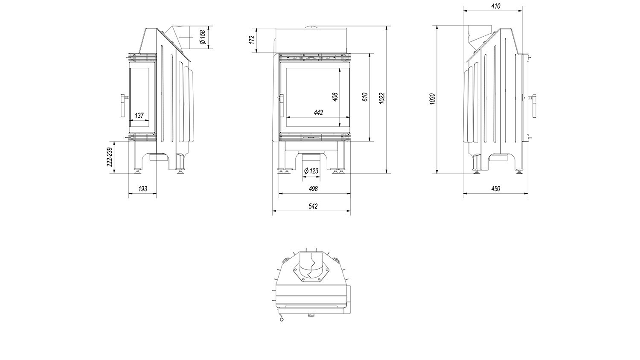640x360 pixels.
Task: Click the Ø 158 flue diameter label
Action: point(203,37)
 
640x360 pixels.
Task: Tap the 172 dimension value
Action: point(252,40)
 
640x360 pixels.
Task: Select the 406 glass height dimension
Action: point(335,97)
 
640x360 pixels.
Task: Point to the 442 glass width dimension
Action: point(318,113)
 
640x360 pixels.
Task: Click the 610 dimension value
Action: point(364,97)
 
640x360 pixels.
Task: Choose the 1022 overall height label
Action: point(382,98)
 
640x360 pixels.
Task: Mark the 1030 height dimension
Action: point(432,99)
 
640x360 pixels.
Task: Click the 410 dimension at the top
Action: point(496,6)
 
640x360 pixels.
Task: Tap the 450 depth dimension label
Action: point(496,189)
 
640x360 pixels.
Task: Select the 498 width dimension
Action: point(313,189)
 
